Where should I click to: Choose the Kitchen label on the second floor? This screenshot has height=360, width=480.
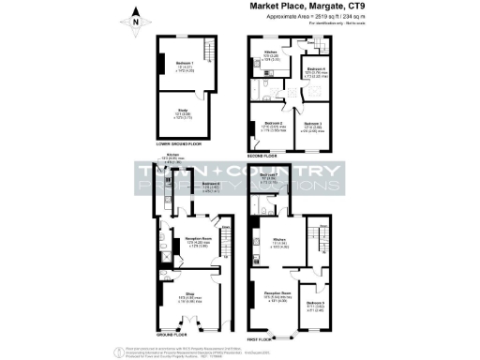270,53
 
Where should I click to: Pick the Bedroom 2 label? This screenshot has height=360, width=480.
272,124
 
